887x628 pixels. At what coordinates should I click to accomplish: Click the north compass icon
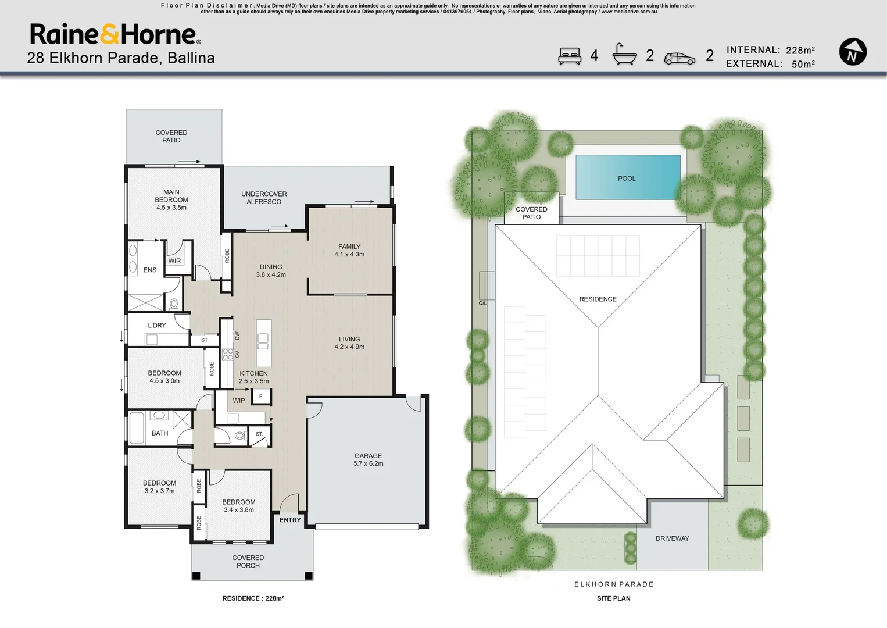click(853, 52)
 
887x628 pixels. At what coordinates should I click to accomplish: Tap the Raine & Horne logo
click(115, 34)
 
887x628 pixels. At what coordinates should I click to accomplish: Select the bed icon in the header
click(570, 56)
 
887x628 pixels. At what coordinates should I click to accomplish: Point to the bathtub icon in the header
click(624, 54)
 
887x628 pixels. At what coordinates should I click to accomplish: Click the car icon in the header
click(679, 59)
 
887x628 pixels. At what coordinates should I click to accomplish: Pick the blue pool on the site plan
click(628, 177)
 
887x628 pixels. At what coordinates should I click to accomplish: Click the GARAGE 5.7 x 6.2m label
click(369, 459)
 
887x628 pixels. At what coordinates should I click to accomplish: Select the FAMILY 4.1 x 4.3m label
click(349, 251)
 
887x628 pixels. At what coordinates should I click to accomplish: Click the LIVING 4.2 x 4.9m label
click(349, 342)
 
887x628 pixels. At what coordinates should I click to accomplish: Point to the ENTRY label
click(290, 520)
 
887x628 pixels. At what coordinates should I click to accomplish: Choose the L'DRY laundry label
click(157, 325)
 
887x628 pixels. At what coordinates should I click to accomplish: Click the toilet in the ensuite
click(174, 304)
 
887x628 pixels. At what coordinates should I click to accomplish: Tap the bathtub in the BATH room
click(136, 429)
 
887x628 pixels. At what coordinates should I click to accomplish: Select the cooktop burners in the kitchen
click(228, 354)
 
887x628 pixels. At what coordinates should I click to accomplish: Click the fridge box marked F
click(260, 396)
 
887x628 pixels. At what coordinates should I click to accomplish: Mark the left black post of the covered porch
click(196, 576)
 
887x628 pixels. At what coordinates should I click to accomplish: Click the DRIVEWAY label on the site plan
click(673, 538)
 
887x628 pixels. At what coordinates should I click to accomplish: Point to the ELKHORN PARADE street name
click(614, 584)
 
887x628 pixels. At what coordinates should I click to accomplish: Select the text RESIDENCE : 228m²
click(253, 598)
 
